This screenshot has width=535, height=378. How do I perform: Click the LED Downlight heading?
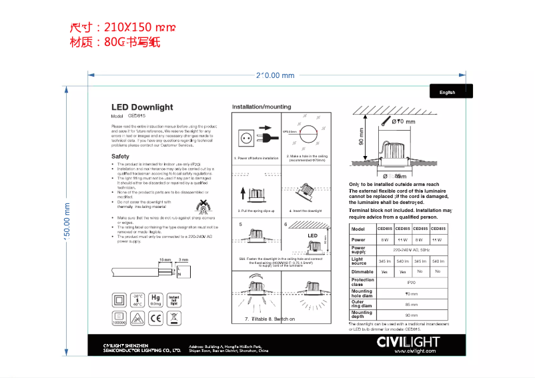pyautogui.click(x=141, y=107)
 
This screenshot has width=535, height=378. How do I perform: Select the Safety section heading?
pyautogui.click(x=120, y=157)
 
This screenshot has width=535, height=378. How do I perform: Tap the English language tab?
pyautogui.click(x=448, y=93)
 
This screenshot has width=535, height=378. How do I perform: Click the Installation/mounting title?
pyautogui.click(x=261, y=107)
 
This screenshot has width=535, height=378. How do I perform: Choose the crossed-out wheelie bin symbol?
pyautogui.click(x=174, y=319)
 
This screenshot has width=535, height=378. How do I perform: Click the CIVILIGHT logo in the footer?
pyautogui.click(x=408, y=342)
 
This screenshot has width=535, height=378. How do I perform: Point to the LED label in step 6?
pyautogui.click(x=312, y=235)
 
